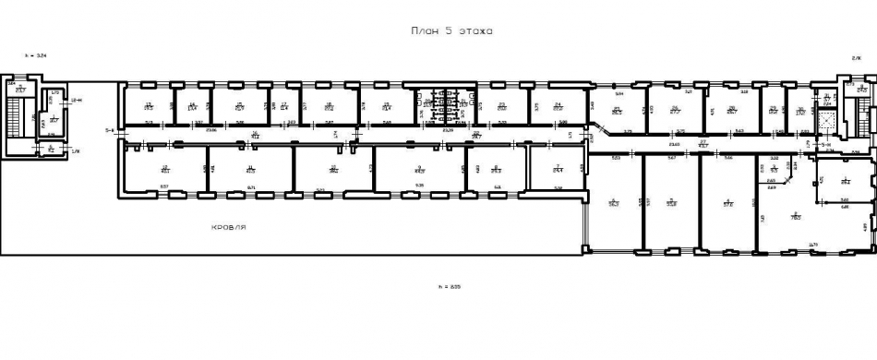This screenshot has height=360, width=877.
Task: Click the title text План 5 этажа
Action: pyautogui.click(x=451, y=31)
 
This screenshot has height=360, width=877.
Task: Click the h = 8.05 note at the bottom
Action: pyautogui.click(x=449, y=287)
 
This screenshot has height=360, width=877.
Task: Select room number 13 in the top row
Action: pyautogui.click(x=148, y=106)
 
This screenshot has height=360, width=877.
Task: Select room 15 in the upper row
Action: pyautogui.click(x=239, y=106)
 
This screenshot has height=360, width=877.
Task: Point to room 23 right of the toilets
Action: pyautogui.click(x=502, y=106)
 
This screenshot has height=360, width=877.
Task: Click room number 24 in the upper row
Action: pyautogui.click(x=558, y=106)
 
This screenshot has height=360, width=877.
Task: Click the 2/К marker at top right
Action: pyautogui.click(x=856, y=57)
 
